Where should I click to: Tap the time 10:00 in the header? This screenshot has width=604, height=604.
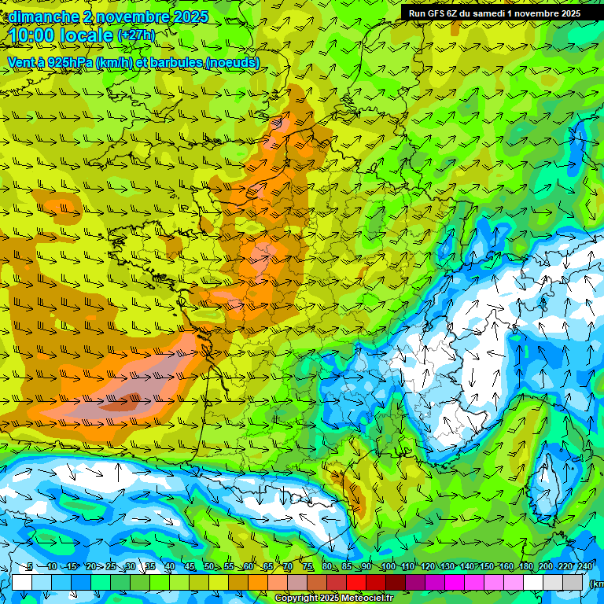tap(36, 36)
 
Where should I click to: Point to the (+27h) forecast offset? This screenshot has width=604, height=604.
tap(136, 35)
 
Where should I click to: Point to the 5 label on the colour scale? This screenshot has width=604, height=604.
tap(29, 567)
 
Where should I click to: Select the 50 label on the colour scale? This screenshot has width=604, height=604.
tap(209, 567)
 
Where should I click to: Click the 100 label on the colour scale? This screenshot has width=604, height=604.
tap(388, 567)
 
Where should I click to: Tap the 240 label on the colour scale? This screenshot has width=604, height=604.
tap(585, 567)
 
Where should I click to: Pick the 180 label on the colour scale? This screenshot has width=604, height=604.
tap(525, 567)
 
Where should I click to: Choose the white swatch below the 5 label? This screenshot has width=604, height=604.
tap(22, 583)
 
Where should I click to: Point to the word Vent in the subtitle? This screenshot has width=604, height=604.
tap(21, 63)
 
